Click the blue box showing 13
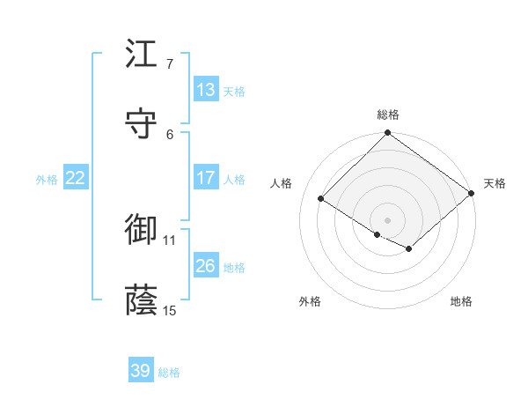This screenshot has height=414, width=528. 206,90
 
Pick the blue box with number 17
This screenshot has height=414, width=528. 206,178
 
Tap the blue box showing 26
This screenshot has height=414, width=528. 206,266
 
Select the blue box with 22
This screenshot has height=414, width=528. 76,178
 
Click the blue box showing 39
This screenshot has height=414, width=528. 141,371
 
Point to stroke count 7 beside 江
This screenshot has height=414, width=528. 170,64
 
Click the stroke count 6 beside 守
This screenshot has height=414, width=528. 170,134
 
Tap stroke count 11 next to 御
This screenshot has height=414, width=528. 170,240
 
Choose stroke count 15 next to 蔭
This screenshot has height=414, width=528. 170,310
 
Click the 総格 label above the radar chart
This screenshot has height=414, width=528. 388,115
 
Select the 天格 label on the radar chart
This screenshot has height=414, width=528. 495,183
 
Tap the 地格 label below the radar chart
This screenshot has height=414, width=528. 461,301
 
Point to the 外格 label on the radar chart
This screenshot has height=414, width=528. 310,301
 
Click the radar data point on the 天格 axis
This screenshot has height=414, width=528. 473,193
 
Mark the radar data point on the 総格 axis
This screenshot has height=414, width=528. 388,134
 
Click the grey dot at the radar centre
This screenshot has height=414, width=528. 388,219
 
